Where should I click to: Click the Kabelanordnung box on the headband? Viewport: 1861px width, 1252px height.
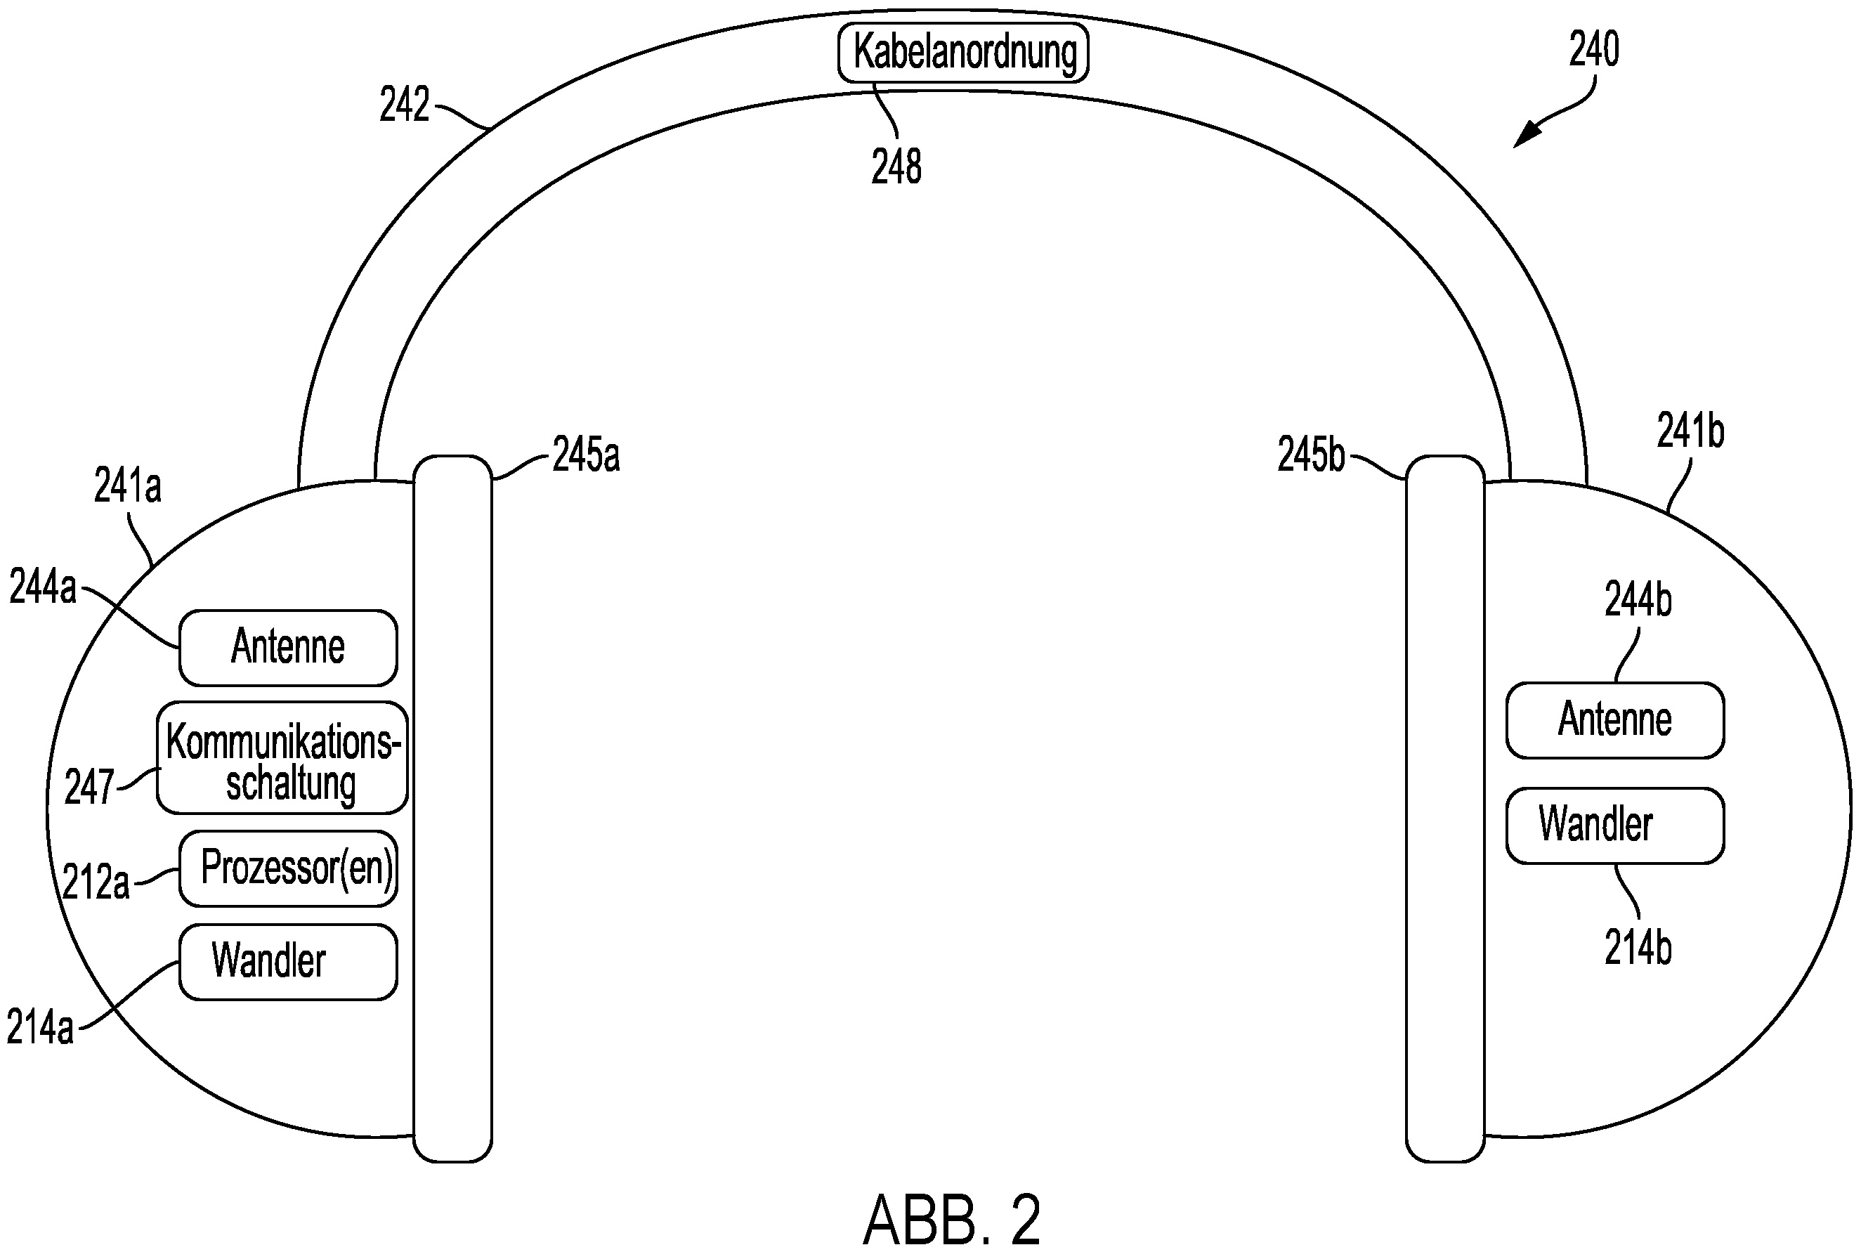tap(963, 53)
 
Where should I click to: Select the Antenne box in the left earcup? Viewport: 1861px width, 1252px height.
tap(288, 648)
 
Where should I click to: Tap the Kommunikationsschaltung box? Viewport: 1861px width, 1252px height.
tap(282, 758)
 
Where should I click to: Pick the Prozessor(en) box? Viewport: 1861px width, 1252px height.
tap(288, 868)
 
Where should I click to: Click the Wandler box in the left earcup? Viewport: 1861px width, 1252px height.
tap(288, 962)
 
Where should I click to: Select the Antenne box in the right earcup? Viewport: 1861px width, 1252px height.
tap(1615, 720)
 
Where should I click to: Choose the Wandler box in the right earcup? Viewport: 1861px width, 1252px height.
tap(1615, 826)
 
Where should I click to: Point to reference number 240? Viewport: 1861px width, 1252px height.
tap(1593, 49)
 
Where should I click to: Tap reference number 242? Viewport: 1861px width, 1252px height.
tap(405, 104)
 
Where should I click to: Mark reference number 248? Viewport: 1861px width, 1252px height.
tap(896, 167)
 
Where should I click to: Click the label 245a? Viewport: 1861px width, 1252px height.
tap(586, 455)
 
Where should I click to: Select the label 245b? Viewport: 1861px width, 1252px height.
tap(1311, 455)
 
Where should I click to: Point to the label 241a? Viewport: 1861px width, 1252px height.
tap(128, 485)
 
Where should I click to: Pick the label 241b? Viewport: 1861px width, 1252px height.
tap(1690, 431)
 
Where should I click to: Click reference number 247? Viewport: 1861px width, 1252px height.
tap(89, 788)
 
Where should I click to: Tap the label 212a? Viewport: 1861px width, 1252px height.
tap(96, 883)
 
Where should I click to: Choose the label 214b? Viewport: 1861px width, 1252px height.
tap(1638, 948)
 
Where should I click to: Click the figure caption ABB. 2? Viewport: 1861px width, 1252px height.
tap(952, 1219)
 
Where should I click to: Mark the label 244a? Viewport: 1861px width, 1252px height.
tap(43, 587)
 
